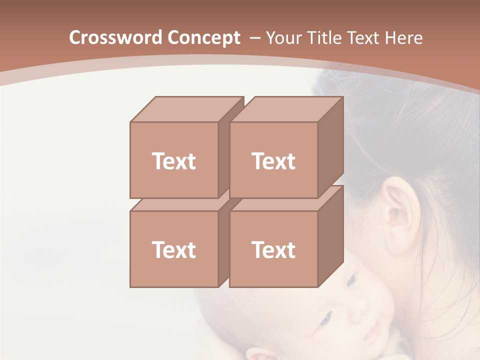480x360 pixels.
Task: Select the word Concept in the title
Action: [x=203, y=38]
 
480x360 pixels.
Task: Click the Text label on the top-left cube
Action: [x=174, y=161]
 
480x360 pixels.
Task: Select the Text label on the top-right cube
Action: [x=273, y=161]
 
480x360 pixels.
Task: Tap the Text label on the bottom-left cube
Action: [x=174, y=249]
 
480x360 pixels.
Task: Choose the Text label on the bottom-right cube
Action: [x=273, y=249]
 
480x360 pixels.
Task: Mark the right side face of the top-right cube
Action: [x=330, y=147]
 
